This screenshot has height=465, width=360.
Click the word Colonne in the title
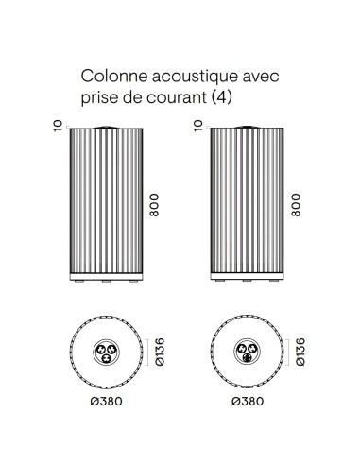(109, 75)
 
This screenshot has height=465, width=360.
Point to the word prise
(97, 97)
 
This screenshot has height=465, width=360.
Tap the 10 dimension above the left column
(60, 125)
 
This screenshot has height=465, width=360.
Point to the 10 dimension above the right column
(198, 125)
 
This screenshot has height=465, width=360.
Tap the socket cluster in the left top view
(105, 353)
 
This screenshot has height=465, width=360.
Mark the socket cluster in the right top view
(249, 353)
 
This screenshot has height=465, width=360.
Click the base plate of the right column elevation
(249, 278)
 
